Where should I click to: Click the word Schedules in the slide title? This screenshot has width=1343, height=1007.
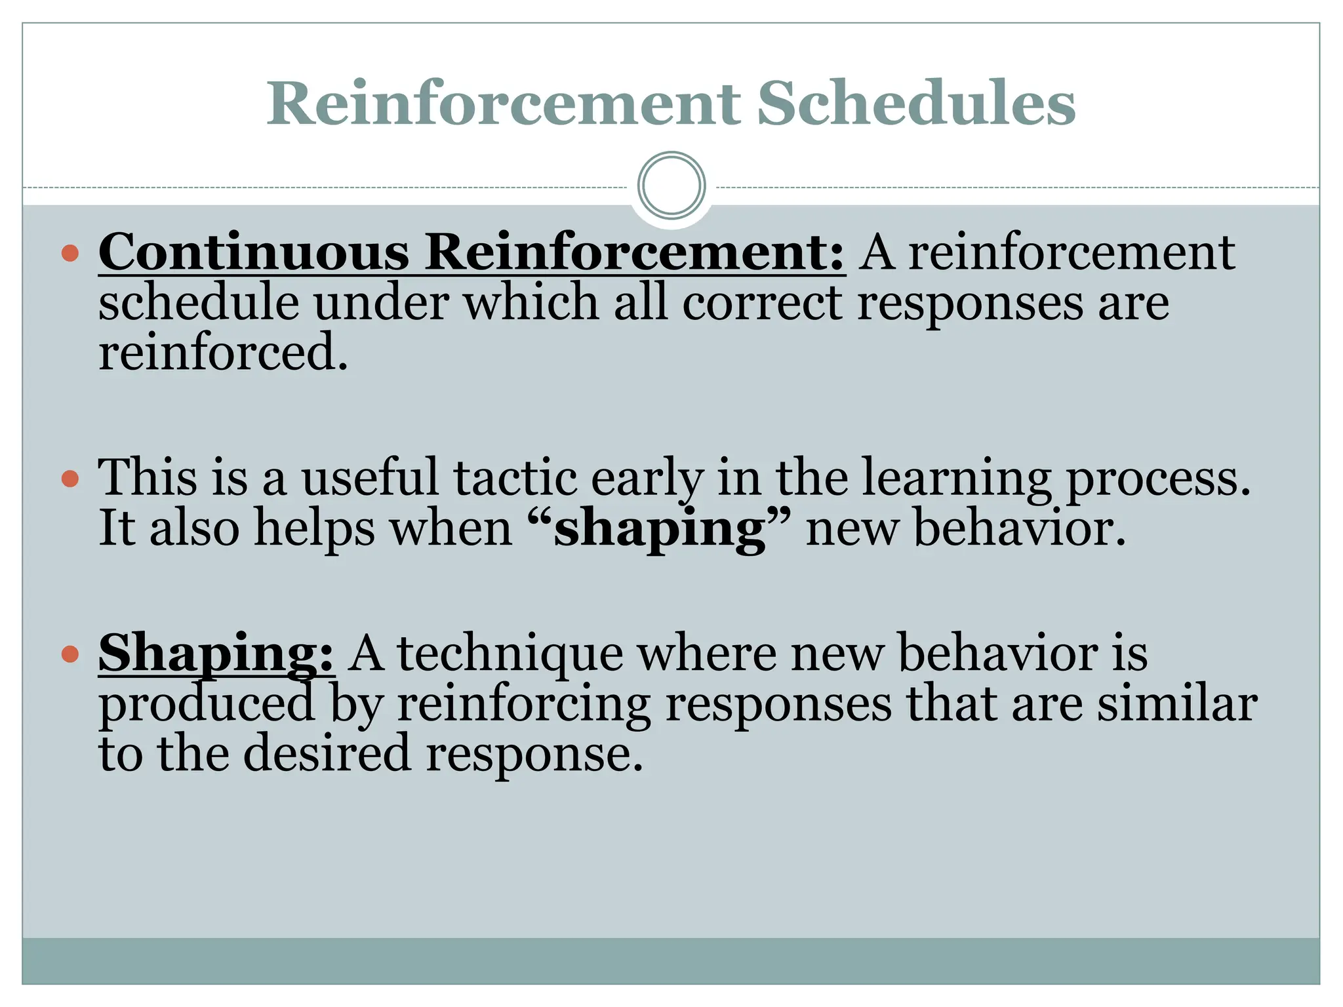[x=915, y=104]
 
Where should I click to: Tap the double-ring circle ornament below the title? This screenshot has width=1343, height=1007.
[x=671, y=186]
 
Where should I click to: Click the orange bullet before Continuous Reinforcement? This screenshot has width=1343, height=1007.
[x=70, y=253]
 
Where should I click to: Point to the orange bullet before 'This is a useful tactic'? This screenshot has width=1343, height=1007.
[x=70, y=478]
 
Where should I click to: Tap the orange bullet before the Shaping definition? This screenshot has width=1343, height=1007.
[x=70, y=654]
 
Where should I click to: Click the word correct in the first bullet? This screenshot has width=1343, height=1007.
[x=761, y=303]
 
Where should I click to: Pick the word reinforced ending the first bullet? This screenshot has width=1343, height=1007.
[x=223, y=353]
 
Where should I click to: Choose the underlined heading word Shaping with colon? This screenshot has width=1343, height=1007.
[x=216, y=654]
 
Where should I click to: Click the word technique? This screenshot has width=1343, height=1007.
[x=511, y=655]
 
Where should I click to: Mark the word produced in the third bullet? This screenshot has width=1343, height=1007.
[x=207, y=704]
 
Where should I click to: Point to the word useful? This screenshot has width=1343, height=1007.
[x=370, y=478]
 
